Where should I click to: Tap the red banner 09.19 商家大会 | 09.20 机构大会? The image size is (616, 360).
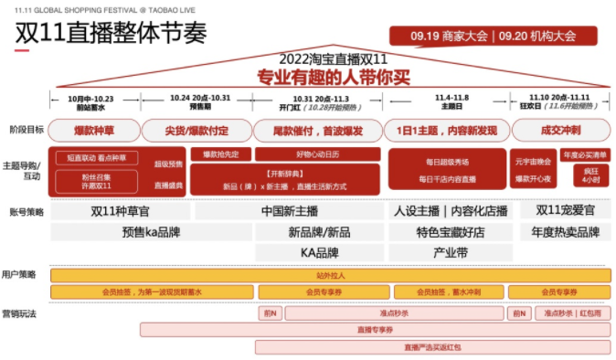[x=493, y=37]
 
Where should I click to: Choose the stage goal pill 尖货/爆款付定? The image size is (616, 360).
[x=196, y=130]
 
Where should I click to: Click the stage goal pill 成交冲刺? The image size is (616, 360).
[x=559, y=130]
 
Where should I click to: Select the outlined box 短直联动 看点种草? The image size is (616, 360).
[x=95, y=158]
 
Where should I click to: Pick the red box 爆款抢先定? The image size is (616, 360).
[x=220, y=154]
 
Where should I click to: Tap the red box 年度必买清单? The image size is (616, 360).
[x=584, y=154]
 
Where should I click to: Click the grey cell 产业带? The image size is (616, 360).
[x=451, y=252]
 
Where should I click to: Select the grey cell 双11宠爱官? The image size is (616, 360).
[x=559, y=211]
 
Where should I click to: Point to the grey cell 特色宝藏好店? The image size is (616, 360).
[x=451, y=232]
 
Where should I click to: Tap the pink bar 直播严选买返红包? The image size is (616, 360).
[x=432, y=347]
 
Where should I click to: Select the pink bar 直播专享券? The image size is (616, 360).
[x=375, y=330]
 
